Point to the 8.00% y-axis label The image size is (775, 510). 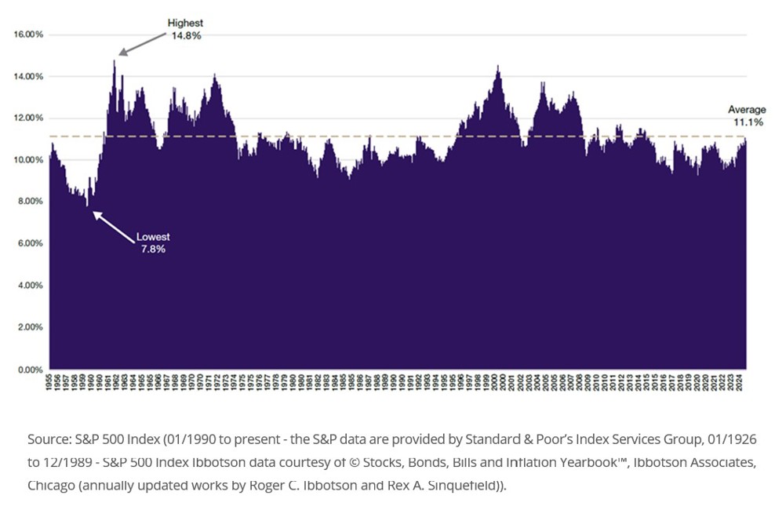[29, 202]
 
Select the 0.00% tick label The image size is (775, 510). [29, 369]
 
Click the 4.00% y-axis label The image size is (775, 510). [29, 286]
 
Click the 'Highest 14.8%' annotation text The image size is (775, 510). [185, 30]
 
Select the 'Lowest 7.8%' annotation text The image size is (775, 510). [153, 242]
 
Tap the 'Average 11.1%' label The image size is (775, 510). [745, 116]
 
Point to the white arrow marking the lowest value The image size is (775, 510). [115, 224]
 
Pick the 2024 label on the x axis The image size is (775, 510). [742, 382]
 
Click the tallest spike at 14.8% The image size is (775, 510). [115, 60]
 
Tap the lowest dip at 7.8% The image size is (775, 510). [88, 207]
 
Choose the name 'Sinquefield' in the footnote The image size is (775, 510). [459, 485]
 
